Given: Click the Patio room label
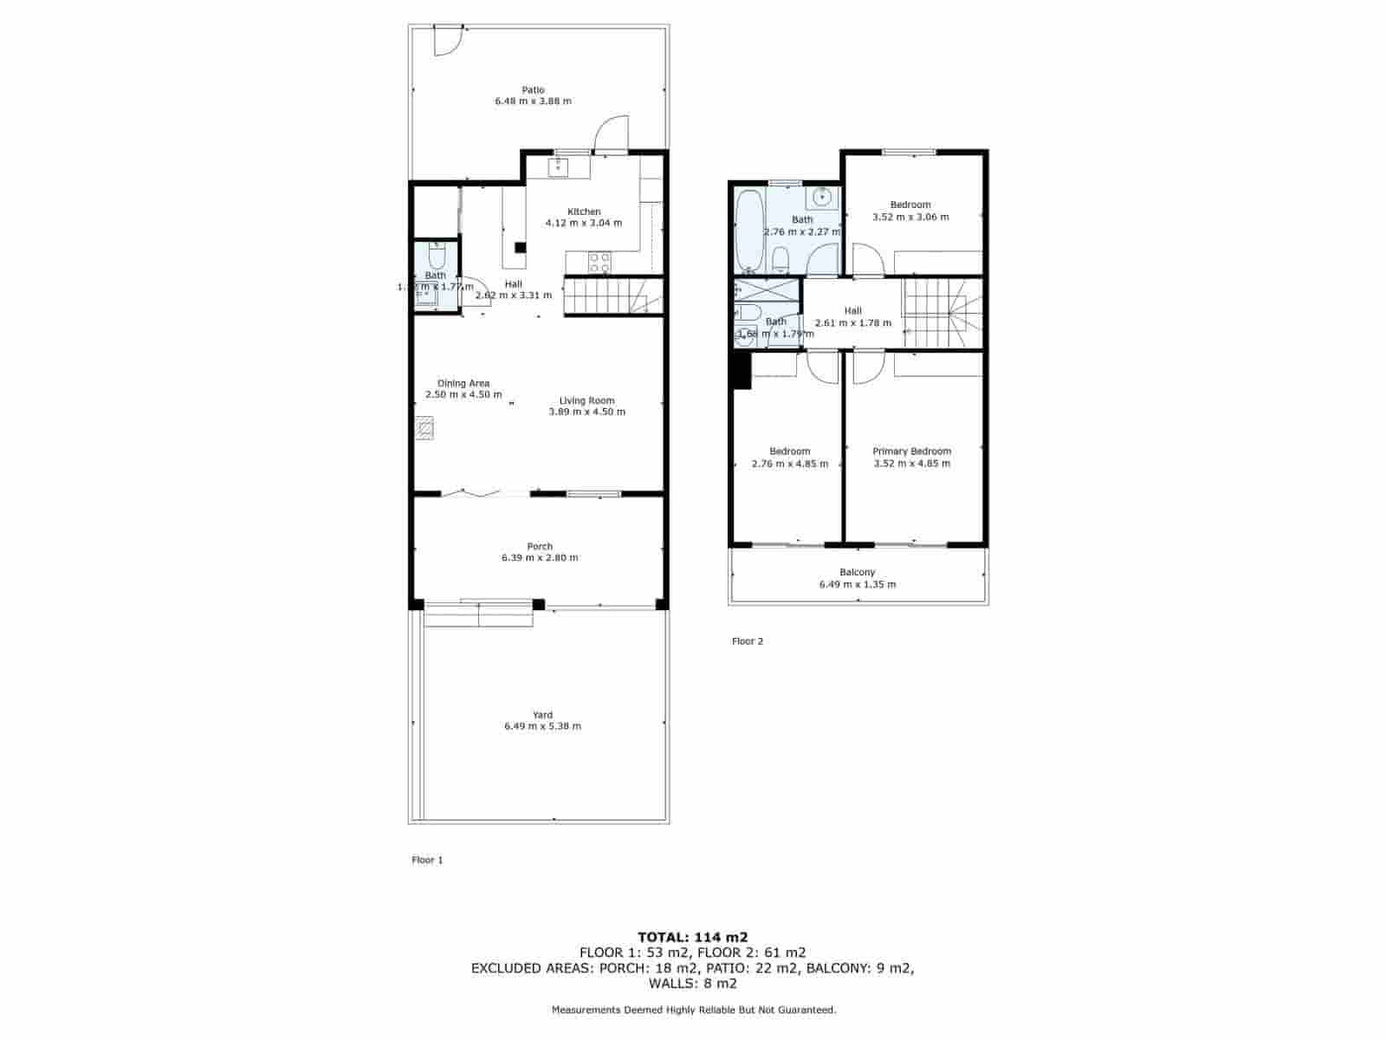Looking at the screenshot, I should pos(533,89).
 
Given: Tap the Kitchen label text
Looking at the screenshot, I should pos(584,211).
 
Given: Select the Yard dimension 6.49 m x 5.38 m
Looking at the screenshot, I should pos(542,726).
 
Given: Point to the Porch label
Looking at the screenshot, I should pos(540,546).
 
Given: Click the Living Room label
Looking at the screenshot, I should pos(586,400).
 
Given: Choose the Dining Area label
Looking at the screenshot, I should pos(463,383).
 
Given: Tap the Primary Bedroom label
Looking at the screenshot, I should pos(911,451).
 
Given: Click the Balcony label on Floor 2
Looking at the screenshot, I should pos(857,572).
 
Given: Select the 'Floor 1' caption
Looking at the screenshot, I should pos(427,860).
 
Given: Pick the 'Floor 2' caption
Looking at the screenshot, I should pos(748,641).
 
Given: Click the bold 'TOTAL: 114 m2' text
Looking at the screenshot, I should pos(692,937).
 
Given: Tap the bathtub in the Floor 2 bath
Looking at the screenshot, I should pos(748,230).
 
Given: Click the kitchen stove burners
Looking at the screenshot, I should pos(599,261).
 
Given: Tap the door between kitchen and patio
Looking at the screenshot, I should pos(611,135).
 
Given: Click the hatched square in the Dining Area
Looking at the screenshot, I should pos(424,428).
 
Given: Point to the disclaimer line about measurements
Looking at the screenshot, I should pos(693,1010).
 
